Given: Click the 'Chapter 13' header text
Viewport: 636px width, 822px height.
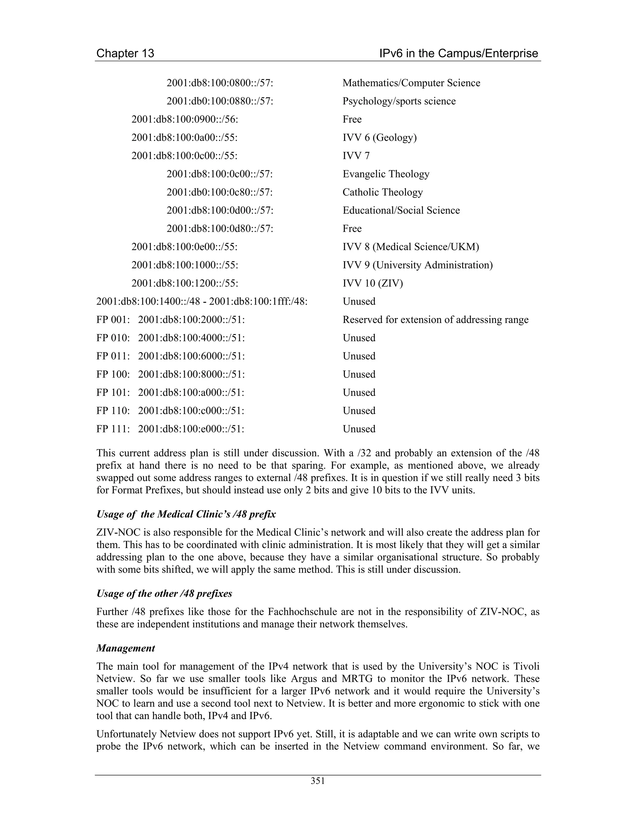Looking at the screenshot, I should [125, 53].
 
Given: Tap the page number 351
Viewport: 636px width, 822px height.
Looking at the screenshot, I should [318, 781].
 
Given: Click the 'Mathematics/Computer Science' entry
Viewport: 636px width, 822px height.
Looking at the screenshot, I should [411, 83].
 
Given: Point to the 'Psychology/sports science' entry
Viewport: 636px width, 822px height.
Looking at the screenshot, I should [399, 101].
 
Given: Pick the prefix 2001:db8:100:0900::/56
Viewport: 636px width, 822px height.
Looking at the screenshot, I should [185, 119].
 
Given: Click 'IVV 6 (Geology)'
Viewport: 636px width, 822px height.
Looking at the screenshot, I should [379, 137].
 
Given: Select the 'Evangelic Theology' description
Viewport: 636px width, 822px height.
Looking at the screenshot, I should [386, 174].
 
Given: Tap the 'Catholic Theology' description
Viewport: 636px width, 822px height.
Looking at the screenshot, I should [382, 192].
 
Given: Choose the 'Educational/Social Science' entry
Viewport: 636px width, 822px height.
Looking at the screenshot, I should [401, 210].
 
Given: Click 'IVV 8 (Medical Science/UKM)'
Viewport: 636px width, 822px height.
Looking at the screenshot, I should [411, 247].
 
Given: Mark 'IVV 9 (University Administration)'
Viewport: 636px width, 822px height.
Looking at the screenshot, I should [417, 265].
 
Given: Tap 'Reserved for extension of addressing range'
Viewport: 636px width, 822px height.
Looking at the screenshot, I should [435, 320].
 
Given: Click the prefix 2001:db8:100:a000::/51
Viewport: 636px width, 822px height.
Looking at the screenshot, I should [191, 393].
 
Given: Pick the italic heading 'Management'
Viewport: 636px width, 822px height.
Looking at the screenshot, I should [125, 648].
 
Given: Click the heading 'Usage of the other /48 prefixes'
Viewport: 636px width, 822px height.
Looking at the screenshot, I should [164, 593].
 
